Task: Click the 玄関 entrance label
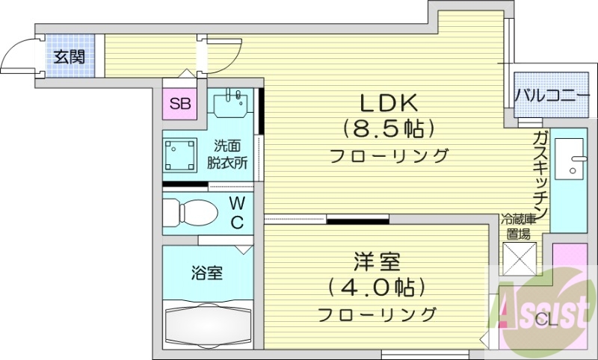69,56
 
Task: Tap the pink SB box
179,104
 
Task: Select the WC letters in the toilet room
236,212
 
